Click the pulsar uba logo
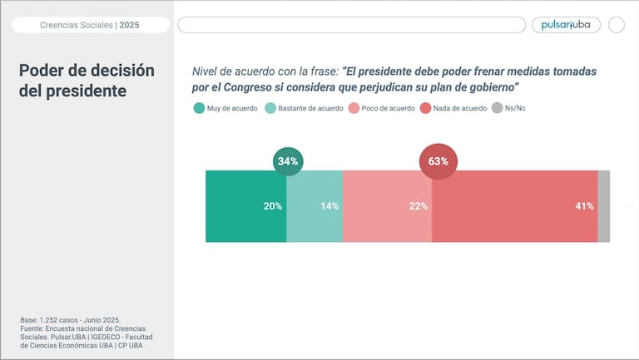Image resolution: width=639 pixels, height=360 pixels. [566, 25]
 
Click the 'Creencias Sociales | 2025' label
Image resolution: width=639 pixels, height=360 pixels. [90, 25]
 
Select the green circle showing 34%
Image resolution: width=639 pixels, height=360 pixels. [288, 161]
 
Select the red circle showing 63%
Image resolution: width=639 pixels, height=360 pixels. [438, 161]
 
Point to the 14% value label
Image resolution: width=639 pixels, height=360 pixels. [329, 206]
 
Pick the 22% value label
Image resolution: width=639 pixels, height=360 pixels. [419, 206]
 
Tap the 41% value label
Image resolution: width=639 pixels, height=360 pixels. [584, 206]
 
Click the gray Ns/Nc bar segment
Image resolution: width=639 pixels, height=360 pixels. [604, 206]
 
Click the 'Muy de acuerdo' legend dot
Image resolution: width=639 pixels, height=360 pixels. [199, 108]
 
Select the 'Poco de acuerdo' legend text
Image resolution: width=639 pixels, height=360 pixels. [388, 108]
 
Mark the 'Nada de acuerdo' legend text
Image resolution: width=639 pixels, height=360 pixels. [460, 108]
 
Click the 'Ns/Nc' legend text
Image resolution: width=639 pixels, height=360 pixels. [516, 108]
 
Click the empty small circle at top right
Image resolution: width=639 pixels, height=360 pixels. [617, 25]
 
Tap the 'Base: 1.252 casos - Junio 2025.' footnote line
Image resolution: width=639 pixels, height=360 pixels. [71, 320]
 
